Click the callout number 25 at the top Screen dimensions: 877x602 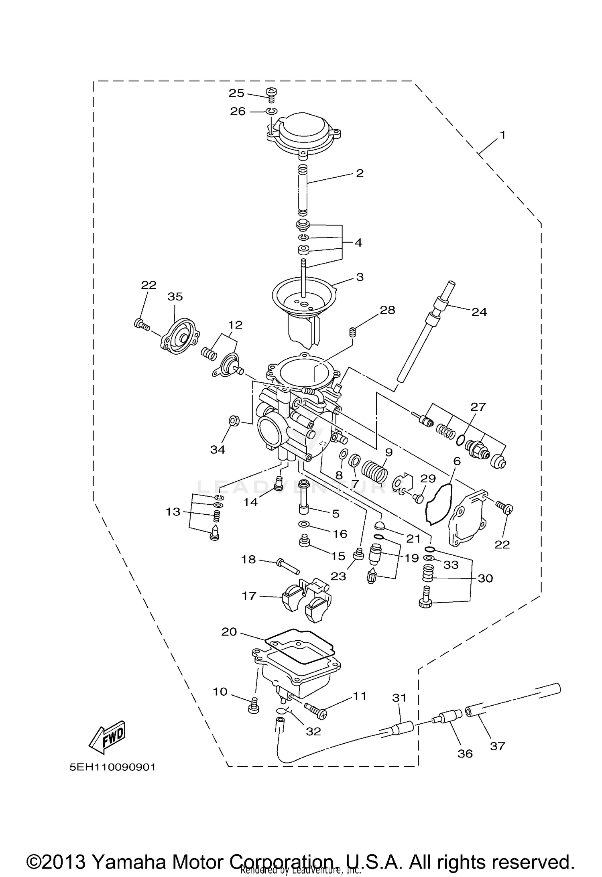[x=236, y=93]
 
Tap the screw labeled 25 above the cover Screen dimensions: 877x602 [x=272, y=94]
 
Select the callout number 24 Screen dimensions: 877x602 [x=479, y=312]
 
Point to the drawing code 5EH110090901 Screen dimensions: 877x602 [x=112, y=767]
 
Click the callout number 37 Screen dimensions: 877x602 [x=497, y=746]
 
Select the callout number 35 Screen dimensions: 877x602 [x=175, y=296]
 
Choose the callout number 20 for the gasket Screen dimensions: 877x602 [x=229, y=632]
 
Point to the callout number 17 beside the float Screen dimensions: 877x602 [x=249, y=596]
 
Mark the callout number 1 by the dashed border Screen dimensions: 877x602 [x=502, y=135]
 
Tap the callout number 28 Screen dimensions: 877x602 [x=387, y=310]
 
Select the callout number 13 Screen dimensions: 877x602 [x=173, y=512]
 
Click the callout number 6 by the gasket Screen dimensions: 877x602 [x=457, y=461]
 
